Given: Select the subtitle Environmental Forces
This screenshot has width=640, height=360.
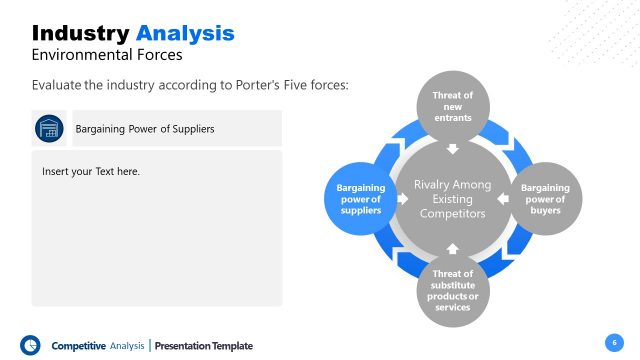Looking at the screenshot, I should [x=106, y=55].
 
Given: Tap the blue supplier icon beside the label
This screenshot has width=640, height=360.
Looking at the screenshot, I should [x=48, y=128].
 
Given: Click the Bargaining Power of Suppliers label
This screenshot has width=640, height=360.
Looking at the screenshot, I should [x=145, y=129].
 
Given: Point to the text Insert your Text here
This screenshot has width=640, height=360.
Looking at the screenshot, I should [x=91, y=172].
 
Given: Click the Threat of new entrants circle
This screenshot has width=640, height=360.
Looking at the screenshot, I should [x=452, y=106].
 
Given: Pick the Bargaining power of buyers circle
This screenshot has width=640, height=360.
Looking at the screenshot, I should [x=545, y=198].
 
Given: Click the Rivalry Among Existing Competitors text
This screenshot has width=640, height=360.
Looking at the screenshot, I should [x=452, y=198].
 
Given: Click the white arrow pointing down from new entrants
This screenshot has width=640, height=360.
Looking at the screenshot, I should [x=452, y=150].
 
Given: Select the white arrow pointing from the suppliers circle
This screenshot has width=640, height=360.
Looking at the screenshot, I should [x=404, y=198].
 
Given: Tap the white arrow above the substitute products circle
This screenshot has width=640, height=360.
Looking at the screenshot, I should [x=452, y=246].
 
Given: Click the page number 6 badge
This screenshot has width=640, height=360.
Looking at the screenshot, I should [x=612, y=343].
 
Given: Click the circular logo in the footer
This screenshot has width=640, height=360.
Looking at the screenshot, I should [x=30, y=345].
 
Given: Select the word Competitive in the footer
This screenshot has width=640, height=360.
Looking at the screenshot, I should [x=78, y=346].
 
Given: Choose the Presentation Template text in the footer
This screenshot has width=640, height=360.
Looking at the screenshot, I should [x=205, y=346].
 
